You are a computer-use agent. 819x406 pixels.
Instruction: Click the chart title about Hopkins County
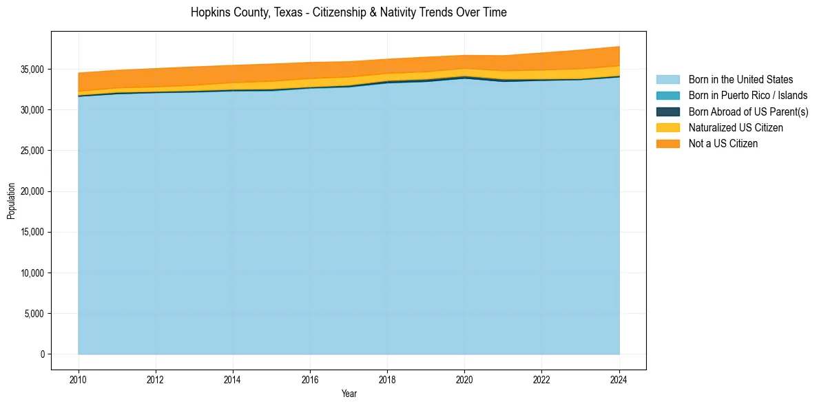point(349,12)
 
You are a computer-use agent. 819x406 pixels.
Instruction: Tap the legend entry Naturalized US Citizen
point(736,128)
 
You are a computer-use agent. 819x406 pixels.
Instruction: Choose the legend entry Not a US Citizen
point(723,144)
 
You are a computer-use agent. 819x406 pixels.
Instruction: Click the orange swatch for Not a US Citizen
point(667,144)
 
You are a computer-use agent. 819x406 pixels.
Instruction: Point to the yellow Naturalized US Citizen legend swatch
point(667,128)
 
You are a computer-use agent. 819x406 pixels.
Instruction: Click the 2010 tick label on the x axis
point(79,379)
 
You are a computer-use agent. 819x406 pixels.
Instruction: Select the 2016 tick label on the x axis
point(310,379)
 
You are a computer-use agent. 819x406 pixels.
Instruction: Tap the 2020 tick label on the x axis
point(465,379)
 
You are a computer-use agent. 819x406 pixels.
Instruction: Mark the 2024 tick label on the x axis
point(619,379)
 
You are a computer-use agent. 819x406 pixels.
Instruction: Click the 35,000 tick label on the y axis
point(33,70)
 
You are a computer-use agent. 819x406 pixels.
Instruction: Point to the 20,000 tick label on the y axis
point(33,191)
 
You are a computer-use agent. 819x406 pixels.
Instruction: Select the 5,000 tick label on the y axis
point(35,314)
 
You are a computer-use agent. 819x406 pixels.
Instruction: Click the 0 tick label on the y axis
point(43,354)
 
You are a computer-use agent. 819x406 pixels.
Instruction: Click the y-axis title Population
point(11,201)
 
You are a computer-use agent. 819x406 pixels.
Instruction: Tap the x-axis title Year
point(349,394)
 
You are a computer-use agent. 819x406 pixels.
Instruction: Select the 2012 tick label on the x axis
point(156,379)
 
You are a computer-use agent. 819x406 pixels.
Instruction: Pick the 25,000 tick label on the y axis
point(33,151)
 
